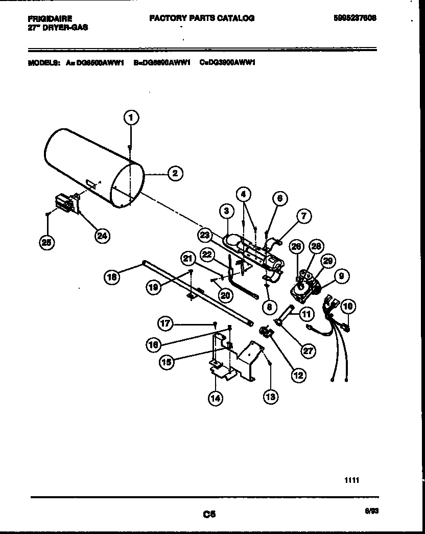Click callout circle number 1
pos(131,118)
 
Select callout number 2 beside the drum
pos(175,173)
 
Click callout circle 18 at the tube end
pos(112,277)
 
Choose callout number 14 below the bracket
pos(216,398)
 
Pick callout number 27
pos(308,350)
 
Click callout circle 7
pos(303,217)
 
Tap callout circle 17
pos(166,323)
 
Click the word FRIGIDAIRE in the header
pos(49,18)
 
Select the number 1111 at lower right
pos(352,480)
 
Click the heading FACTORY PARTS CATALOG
pos(201,18)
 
